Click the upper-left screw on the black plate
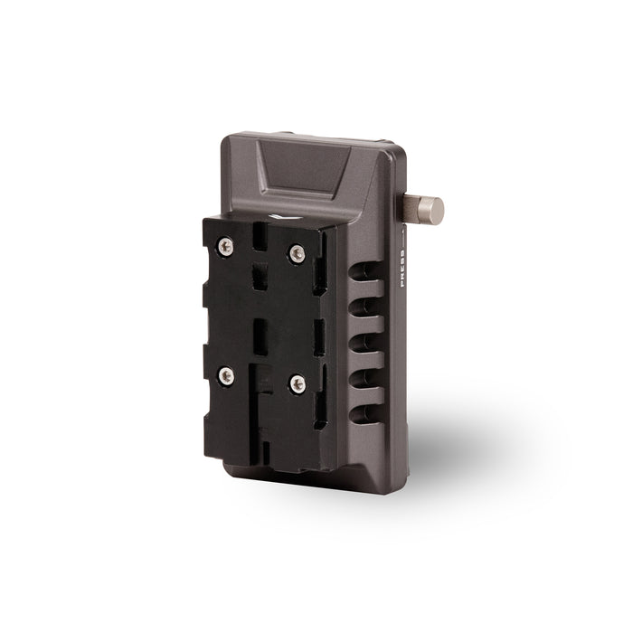click(x=226, y=246)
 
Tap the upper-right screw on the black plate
click(x=298, y=253)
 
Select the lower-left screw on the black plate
click(x=226, y=376)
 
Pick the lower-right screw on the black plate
click(x=298, y=384)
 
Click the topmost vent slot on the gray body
click(x=365, y=271)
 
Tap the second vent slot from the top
click(x=365, y=307)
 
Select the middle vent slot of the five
click(x=365, y=343)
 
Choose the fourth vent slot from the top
click(x=365, y=378)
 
